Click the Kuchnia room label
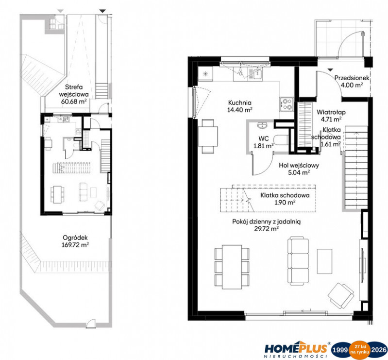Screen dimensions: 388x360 pyautogui.click(x=240, y=103)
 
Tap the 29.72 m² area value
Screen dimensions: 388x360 pyautogui.click(x=267, y=229)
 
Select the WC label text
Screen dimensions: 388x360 pyautogui.click(x=264, y=138)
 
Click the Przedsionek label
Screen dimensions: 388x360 pyautogui.click(x=352, y=78)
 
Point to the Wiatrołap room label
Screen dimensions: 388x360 pyautogui.click(x=331, y=112)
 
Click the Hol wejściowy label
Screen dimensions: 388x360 pyautogui.click(x=299, y=165)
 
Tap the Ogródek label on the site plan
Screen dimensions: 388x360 pyautogui.click(x=75, y=238)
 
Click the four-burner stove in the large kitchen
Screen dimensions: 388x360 pyautogui.click(x=287, y=104)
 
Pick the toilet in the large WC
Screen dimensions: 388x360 pyautogui.click(x=282, y=140)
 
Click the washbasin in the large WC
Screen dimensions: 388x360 pyautogui.click(x=262, y=125)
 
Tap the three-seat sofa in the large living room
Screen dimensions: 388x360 pyautogui.click(x=298, y=259)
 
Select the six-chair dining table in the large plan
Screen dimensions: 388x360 pyautogui.click(x=232, y=267)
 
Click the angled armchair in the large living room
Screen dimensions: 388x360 pyautogui.click(x=340, y=295)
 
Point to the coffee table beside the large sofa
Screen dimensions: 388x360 pyautogui.click(x=324, y=261)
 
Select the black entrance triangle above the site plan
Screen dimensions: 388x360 pyautogui.click(x=102, y=11)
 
